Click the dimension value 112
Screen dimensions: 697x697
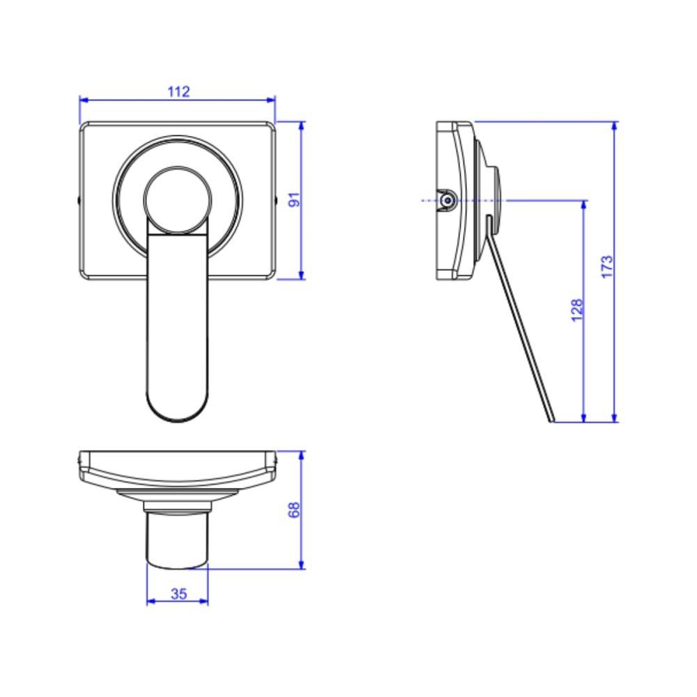178,91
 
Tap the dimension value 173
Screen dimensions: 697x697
606,267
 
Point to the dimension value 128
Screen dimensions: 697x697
576,310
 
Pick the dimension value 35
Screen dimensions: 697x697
178,594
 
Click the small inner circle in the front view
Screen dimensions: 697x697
177,200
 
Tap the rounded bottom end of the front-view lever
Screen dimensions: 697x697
177,411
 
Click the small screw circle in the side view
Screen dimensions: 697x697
446,201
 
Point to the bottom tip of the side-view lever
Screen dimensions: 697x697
553,421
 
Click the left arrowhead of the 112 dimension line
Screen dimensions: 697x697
83,100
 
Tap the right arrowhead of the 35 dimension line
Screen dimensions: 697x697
205,602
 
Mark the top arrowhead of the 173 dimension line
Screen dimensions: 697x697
614,125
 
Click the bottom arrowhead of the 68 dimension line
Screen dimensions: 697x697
301,565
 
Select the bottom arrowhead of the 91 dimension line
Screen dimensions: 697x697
301,275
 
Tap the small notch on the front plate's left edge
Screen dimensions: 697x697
78,201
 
